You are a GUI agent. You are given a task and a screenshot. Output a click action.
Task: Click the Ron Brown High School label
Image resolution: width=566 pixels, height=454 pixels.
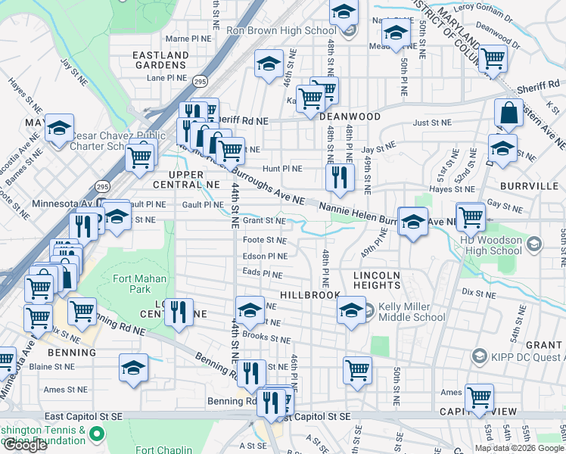281,31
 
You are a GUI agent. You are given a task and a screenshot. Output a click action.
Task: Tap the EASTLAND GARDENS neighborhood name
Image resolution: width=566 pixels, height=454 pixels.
160,61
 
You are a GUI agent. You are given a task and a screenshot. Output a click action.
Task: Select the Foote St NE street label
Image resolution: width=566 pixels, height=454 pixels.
265,241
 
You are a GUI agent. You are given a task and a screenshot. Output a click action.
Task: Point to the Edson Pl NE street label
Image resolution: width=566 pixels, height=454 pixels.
265,257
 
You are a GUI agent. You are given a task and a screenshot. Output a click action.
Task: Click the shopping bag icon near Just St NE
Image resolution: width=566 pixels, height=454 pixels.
509,113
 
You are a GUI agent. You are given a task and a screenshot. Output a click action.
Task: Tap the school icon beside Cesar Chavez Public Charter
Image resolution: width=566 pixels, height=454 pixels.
59,129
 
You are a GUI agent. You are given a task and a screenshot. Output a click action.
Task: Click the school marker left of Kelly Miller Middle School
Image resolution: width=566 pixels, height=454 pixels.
350,311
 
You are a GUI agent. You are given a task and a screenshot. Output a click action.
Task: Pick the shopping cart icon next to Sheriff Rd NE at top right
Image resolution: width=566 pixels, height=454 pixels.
493,58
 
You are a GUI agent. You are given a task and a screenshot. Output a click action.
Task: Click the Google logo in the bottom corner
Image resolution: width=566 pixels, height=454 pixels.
25,445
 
